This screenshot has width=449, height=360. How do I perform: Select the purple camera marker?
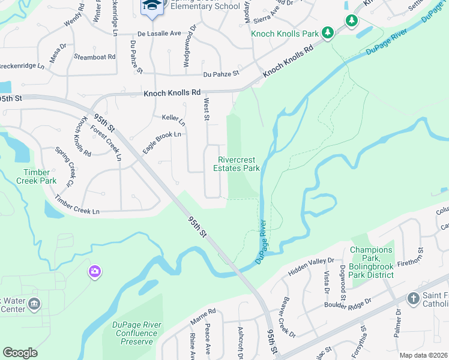coord(94,272)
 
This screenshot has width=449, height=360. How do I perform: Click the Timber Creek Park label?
coord(36,176)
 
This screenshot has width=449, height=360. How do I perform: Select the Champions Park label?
coord(372,262)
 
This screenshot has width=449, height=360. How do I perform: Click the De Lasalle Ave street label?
coord(159,34)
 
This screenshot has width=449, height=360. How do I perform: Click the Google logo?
coord(20,352)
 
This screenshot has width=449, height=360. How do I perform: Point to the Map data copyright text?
coord(423,355)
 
